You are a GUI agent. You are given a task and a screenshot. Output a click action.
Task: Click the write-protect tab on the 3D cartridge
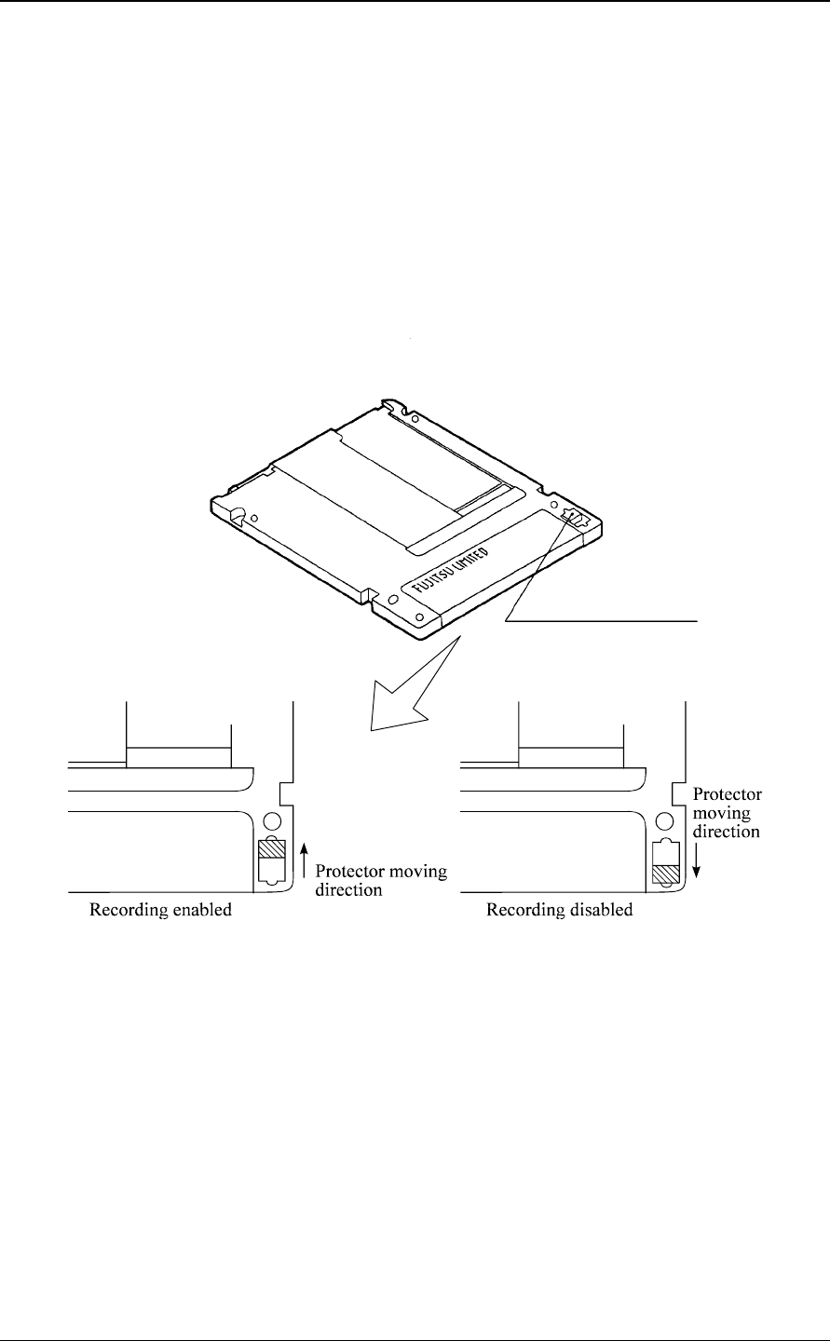click(x=575, y=518)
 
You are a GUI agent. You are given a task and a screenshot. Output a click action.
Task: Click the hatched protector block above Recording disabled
click(x=664, y=876)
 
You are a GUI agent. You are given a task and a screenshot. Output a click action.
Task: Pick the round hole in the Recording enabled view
click(x=271, y=822)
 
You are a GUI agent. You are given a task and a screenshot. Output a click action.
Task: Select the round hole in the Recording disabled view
click(x=665, y=822)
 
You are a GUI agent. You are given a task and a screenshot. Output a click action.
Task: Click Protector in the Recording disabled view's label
click(x=727, y=794)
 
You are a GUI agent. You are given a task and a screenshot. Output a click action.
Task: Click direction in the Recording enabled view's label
click(x=346, y=889)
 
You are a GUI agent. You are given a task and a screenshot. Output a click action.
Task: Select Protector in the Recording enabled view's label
click(x=347, y=872)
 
